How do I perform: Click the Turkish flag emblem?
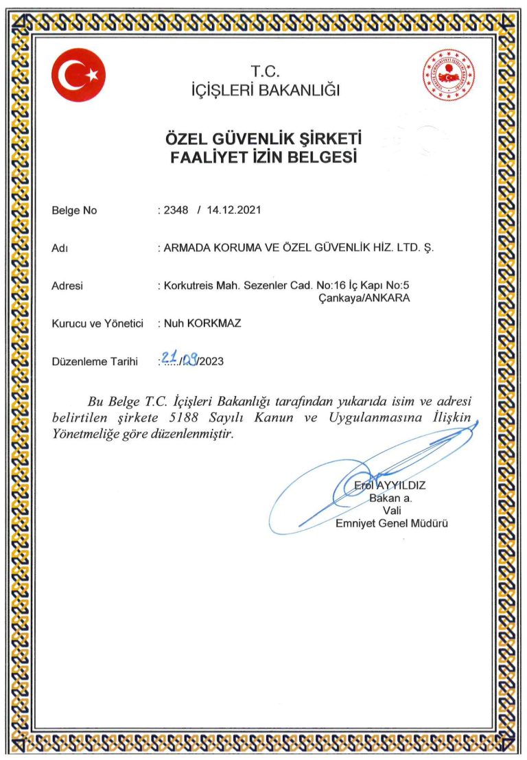(x=78, y=75)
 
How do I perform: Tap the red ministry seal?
(x=449, y=76)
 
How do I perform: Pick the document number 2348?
(x=175, y=210)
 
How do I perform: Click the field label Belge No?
(x=74, y=211)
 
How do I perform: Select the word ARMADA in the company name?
(x=187, y=248)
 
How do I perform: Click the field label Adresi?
(x=67, y=286)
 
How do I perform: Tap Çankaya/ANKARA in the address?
(x=364, y=299)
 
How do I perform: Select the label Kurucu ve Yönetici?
(x=97, y=323)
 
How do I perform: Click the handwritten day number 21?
(x=168, y=357)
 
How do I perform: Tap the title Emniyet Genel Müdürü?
(x=391, y=524)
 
